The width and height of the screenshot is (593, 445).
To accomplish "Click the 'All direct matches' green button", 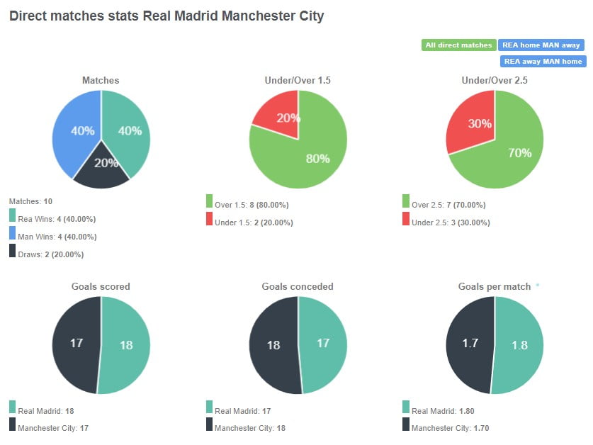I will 458,45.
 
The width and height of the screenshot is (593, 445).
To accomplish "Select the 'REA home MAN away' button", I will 541,45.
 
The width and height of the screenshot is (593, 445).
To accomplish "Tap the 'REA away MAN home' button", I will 543,62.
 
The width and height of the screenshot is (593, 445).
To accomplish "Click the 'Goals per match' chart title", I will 494,287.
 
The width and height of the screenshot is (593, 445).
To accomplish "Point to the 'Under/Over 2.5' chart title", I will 494,81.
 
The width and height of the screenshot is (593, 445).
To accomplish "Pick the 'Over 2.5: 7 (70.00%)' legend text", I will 448,205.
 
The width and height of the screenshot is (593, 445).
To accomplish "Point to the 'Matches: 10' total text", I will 26,201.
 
